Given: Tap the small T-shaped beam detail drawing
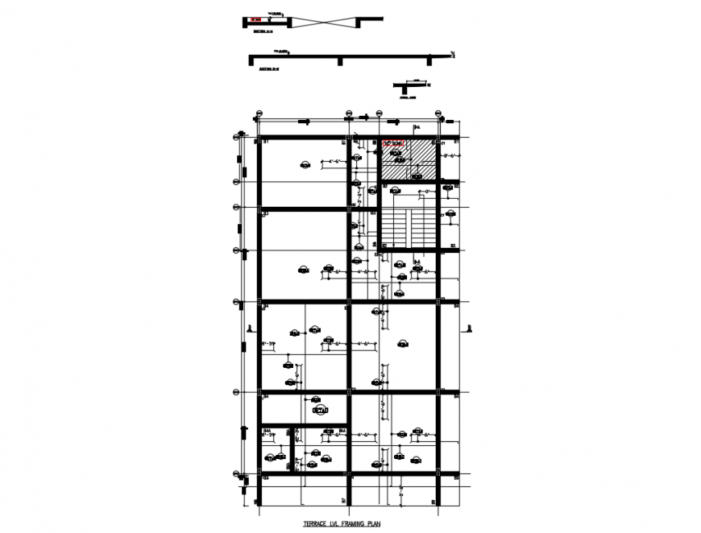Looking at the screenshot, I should point(409,86).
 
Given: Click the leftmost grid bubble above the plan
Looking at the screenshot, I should point(259,113).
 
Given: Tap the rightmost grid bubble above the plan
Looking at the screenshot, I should point(439,113).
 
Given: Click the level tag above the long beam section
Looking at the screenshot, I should point(281,51).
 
